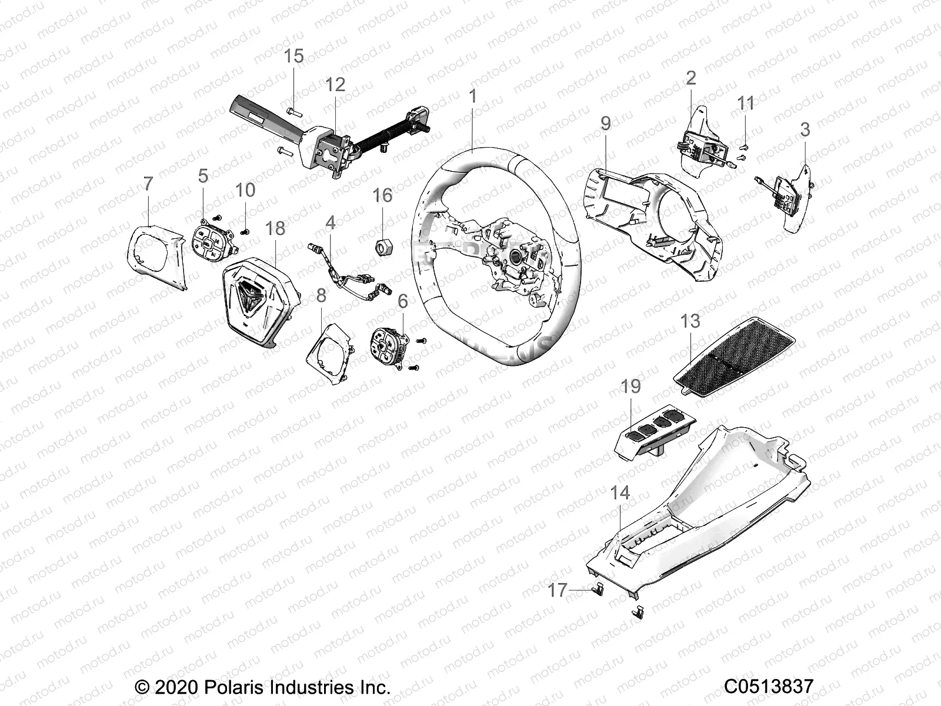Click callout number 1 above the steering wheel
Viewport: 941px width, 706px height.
[472, 96]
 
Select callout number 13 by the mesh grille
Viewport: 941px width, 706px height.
[690, 321]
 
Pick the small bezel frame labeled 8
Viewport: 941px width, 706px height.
[329, 354]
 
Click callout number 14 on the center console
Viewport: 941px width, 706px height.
[620, 493]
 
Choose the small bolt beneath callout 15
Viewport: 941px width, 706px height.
[294, 109]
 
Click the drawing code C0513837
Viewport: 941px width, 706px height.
[768, 687]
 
